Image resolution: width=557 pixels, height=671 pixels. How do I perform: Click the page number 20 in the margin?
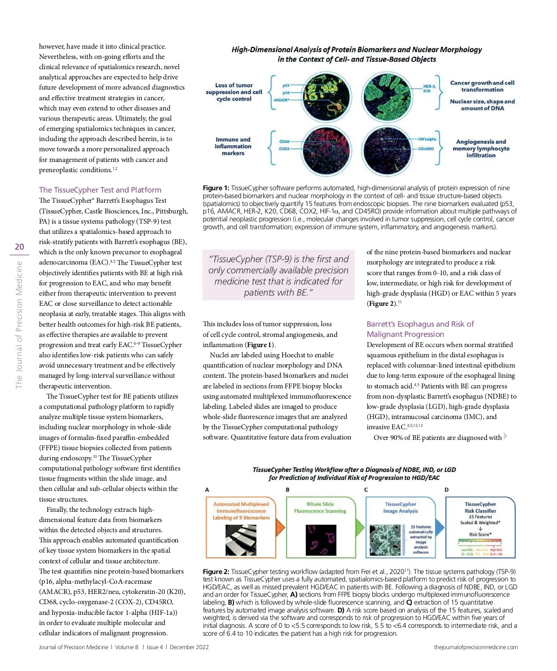point(19,247)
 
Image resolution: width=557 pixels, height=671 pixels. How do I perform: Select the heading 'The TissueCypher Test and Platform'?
point(100,190)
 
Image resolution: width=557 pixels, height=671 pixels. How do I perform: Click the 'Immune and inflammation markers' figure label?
point(233,146)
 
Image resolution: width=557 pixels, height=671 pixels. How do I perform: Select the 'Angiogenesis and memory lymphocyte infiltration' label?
point(481,148)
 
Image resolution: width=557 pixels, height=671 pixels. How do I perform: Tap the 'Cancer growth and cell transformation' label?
point(482,86)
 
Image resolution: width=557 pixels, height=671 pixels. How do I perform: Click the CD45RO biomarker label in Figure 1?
point(426,149)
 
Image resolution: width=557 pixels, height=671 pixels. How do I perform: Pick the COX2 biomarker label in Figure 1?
point(284,149)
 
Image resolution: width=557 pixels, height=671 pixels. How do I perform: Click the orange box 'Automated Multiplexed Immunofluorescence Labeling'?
point(241,510)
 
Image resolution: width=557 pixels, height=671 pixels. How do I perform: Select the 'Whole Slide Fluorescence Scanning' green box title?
point(320,507)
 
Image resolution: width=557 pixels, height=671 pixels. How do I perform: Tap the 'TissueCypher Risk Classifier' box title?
point(480,507)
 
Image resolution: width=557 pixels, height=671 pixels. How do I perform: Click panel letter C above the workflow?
point(366,490)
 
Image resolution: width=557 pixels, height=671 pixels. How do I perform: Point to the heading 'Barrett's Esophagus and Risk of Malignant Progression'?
point(420,329)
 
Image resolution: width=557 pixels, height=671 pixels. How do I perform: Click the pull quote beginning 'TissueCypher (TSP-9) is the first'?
point(278,276)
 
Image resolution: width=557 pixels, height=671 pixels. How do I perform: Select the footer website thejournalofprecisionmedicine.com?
point(476,647)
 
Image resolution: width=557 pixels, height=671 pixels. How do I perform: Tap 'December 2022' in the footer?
point(189,647)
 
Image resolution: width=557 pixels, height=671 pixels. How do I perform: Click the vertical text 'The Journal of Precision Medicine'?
point(19,325)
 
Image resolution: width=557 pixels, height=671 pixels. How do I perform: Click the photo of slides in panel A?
point(241,540)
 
